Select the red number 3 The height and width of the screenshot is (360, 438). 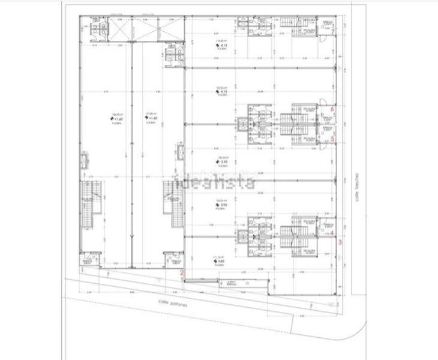(340, 242)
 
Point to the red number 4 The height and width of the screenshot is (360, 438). (332, 232)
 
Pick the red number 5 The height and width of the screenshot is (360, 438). (332, 139)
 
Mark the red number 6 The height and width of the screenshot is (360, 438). (332, 109)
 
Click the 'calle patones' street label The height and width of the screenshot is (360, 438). (170, 303)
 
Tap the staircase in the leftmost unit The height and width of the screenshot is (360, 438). (89, 204)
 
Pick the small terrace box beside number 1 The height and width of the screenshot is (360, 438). (88, 262)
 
